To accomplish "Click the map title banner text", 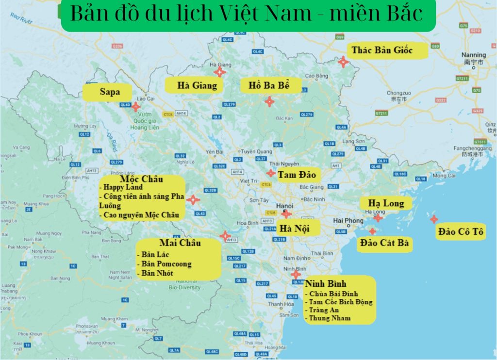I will tap(246, 15).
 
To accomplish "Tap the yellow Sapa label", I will tap(109, 92).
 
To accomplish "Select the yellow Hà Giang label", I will tap(197, 86).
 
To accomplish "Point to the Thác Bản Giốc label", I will tap(381, 50).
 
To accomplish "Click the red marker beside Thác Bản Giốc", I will tap(343, 62).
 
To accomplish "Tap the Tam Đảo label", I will tap(297, 174).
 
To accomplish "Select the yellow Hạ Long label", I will tap(386, 203).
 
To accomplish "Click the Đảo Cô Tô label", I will tap(460, 232).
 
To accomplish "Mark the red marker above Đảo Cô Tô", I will tap(433, 219).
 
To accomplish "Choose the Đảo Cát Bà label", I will tap(384, 243).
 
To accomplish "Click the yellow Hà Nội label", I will tap(294, 228).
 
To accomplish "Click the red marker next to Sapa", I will tap(136, 106).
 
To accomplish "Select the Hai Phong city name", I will tap(348, 221).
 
